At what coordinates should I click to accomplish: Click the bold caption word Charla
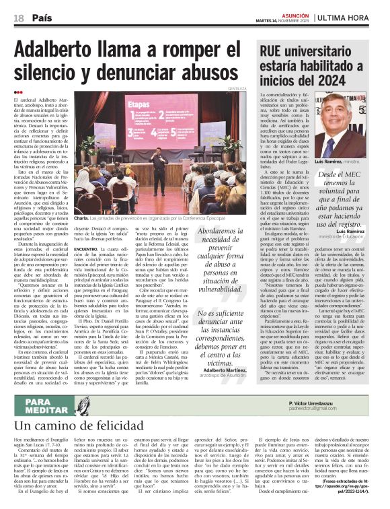click(x=81, y=219)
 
